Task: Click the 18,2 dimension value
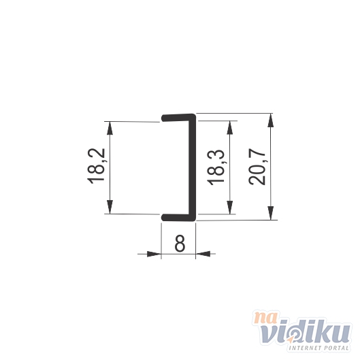(x=96, y=166)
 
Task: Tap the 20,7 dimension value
(x=257, y=168)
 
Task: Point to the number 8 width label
(x=180, y=244)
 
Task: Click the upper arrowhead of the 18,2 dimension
(x=110, y=128)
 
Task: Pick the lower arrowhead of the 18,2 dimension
(x=110, y=207)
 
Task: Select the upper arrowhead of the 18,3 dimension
(x=229, y=127)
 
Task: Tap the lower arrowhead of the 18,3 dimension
(x=229, y=208)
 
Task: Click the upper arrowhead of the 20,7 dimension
(x=271, y=120)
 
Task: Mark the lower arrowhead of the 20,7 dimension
(x=271, y=213)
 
